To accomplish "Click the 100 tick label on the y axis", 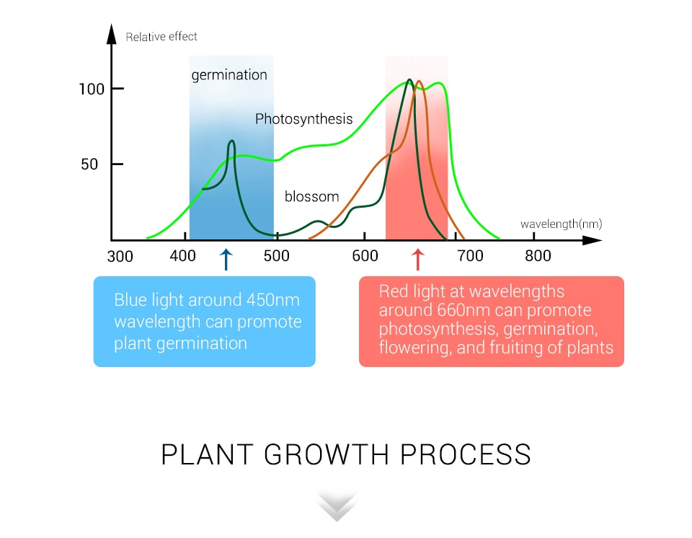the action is [92, 89].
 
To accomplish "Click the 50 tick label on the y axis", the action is [89, 164].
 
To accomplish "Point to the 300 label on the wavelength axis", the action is [120, 256].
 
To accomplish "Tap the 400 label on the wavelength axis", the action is [182, 255].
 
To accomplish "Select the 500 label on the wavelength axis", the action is [277, 256].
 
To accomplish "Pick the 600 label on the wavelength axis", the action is [365, 256].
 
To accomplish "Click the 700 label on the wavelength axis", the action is [471, 256].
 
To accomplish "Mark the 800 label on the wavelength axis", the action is [538, 256].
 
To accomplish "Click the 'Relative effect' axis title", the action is [161, 37].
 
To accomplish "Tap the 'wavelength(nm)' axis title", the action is [562, 224].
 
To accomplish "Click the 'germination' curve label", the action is [229, 76].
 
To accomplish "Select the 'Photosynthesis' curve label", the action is [304, 119].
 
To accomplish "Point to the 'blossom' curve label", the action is [312, 197].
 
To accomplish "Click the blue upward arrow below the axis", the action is [226, 260].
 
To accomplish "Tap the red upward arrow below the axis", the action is [417, 260].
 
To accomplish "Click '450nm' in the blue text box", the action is [273, 300].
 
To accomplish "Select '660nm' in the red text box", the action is [464, 310].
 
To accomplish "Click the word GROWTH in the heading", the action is [327, 454].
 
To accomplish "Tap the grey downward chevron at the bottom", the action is [337, 506].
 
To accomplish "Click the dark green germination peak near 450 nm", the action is [231, 141].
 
